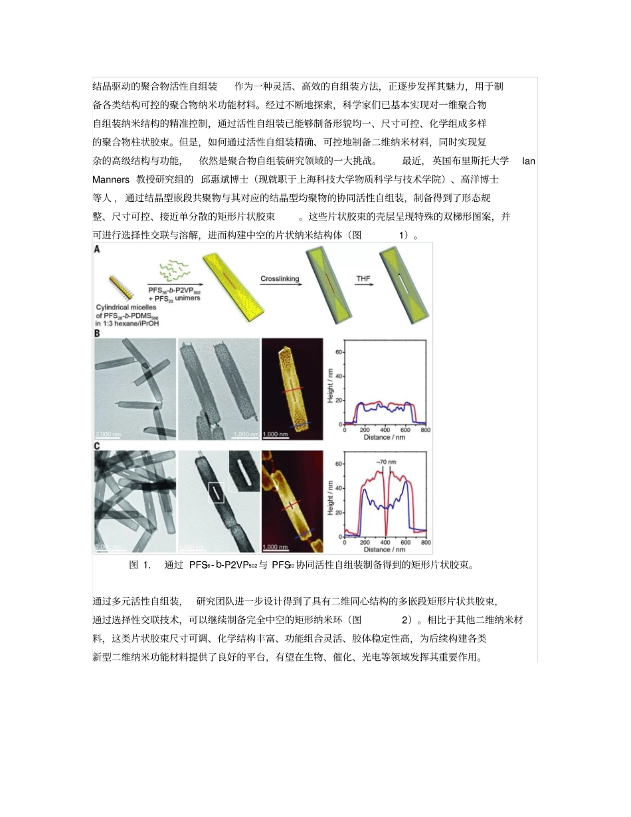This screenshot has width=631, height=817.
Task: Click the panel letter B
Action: point(98,335)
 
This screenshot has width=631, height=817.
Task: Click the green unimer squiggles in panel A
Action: point(171,273)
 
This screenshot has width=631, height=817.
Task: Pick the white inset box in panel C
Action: point(217,493)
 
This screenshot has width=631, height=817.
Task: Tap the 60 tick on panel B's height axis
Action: point(339,351)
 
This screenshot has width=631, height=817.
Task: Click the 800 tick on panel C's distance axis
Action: point(426,543)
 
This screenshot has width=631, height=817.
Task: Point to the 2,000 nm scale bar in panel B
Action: point(108,434)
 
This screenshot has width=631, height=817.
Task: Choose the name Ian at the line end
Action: point(529,161)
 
